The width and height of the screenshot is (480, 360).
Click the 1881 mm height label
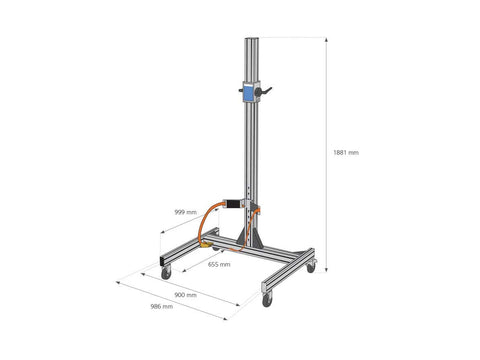point(346,153)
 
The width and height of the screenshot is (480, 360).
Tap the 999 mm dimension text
point(186,212)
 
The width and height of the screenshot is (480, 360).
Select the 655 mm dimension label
point(219,264)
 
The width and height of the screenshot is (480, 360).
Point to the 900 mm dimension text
point(186,295)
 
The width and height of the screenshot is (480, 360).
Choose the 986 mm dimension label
point(162,306)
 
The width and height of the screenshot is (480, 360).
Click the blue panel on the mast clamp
point(248,93)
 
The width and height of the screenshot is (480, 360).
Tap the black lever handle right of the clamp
point(265,90)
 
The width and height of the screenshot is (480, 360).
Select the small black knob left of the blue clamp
point(241,90)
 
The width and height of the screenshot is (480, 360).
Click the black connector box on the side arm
point(234,204)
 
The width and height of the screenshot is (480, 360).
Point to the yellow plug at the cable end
point(206,246)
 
